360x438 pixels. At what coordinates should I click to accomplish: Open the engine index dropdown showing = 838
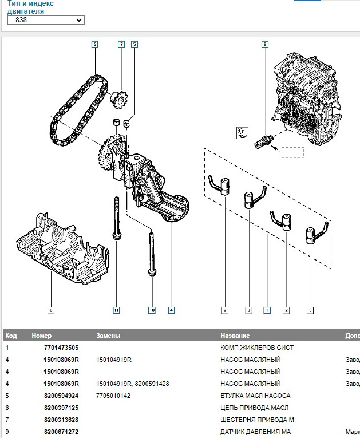pyautogui.click(x=46, y=20)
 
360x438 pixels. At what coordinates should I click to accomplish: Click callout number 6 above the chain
pyautogui.click(x=95, y=44)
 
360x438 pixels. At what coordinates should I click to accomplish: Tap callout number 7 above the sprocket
pyautogui.click(x=121, y=44)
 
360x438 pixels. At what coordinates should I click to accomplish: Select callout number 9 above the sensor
pyautogui.click(x=265, y=44)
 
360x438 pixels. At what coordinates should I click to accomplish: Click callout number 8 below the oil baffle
pyautogui.click(x=50, y=310)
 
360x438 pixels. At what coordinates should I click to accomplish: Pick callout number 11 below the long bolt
pyautogui.click(x=116, y=310)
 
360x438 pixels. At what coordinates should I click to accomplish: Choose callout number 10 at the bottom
pyautogui.click(x=152, y=310)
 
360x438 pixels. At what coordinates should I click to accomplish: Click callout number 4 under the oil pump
pyautogui.click(x=171, y=310)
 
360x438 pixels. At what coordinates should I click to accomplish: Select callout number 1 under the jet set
pyautogui.click(x=267, y=310)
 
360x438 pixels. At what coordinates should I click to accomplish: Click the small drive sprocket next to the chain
pyautogui.click(x=118, y=99)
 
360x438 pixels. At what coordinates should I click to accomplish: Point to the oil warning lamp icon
pyautogui.click(x=242, y=133)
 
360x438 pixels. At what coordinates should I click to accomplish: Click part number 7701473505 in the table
pyautogui.click(x=61, y=348)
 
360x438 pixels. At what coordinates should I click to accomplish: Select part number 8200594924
pyautogui.click(x=61, y=396)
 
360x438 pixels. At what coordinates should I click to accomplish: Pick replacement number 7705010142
pyautogui.click(x=113, y=396)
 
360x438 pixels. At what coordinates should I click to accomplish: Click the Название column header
pyautogui.click(x=235, y=336)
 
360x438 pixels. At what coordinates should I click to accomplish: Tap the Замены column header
pyautogui.click(x=108, y=336)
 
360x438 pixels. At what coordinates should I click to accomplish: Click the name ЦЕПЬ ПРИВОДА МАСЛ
pyautogui.click(x=254, y=408)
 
